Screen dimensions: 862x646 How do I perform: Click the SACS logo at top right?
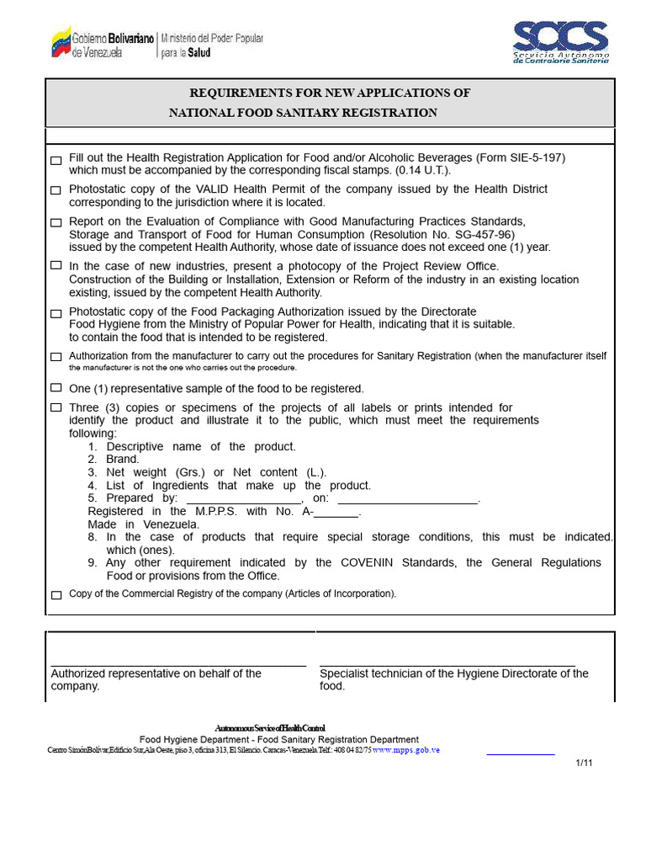tap(560, 41)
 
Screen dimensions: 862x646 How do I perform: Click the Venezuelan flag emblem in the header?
tap(61, 41)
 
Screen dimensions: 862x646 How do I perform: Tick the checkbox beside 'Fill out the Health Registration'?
tap(56, 160)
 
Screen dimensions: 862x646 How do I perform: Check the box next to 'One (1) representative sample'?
tap(56, 388)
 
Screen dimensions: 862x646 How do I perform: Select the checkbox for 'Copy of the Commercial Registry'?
tap(56, 595)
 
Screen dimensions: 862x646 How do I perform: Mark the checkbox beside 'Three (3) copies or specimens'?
tap(56, 407)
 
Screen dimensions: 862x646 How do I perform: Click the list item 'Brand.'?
tap(123, 460)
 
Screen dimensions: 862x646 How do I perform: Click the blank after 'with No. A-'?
tap(336, 513)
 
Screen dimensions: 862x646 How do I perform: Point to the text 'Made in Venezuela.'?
tap(144, 524)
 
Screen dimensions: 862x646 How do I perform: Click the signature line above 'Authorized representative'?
tap(178, 666)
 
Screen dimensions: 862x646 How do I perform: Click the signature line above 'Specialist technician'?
tap(447, 666)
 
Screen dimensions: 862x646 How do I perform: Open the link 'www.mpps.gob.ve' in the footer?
tap(406, 749)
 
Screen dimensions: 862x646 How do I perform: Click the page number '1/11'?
tap(585, 763)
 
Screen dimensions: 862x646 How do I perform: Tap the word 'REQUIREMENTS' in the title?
tap(239, 93)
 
